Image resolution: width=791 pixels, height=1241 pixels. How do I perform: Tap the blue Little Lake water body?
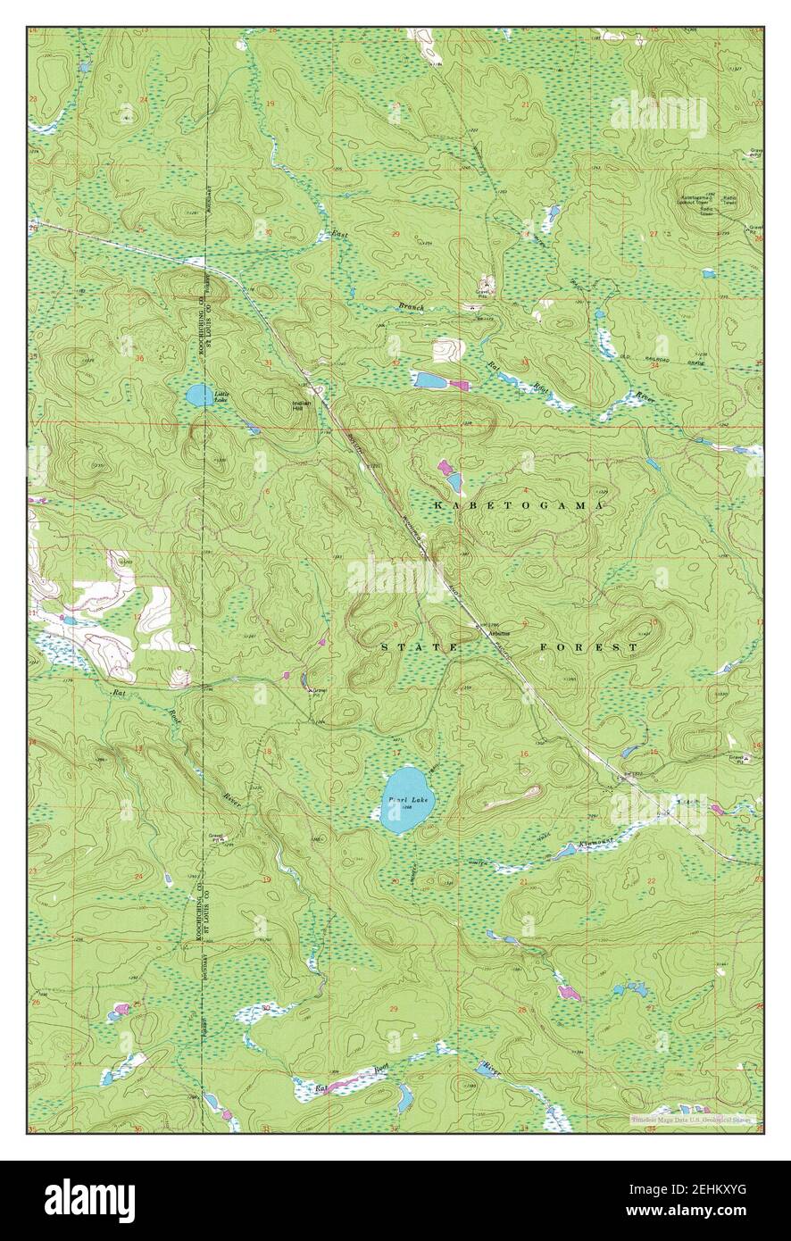click(x=199, y=395)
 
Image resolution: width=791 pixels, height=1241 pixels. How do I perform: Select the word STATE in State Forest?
click(x=420, y=646)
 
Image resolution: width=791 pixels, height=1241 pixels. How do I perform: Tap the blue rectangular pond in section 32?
click(x=429, y=380)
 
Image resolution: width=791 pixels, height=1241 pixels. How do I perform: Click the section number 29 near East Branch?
click(x=395, y=234)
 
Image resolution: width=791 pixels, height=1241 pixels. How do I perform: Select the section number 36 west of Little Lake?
click(x=140, y=360)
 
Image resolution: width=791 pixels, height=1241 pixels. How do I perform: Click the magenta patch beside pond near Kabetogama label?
click(x=444, y=466)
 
